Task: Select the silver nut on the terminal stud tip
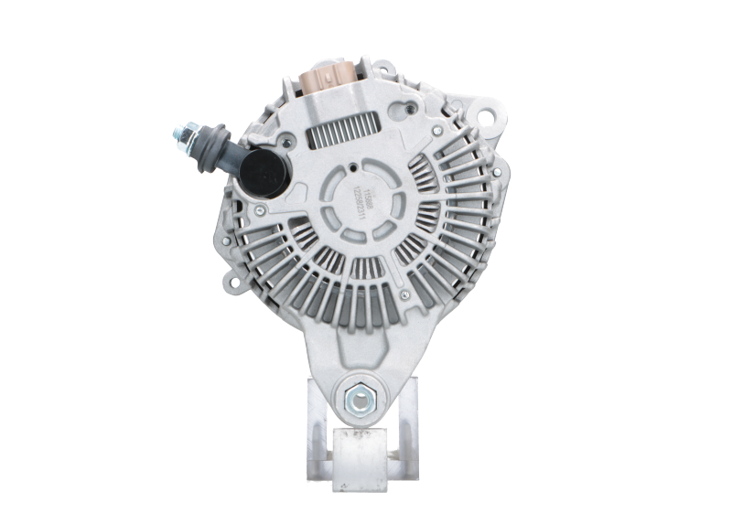pos(180,138)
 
